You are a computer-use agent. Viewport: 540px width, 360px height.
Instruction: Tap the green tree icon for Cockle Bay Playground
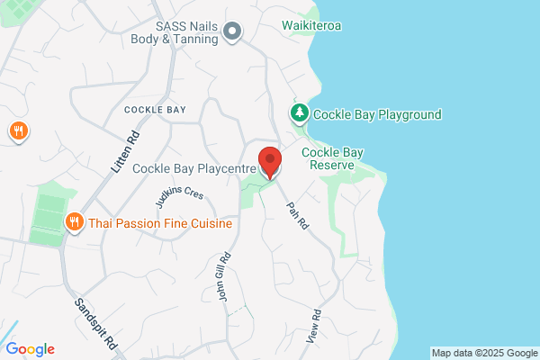[x=298, y=113]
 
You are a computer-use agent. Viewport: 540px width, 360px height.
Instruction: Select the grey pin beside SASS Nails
[x=232, y=33]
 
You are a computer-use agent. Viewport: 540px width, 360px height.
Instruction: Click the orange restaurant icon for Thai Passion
[x=74, y=222]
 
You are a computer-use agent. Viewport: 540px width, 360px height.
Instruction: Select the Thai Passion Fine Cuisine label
[x=160, y=223]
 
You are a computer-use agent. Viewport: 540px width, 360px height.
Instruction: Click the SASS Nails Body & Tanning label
[x=186, y=33]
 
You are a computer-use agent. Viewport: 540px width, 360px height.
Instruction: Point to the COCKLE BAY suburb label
[x=155, y=110]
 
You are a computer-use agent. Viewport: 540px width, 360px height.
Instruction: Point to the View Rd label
[x=316, y=325]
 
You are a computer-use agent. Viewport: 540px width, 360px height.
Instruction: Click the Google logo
[x=30, y=349]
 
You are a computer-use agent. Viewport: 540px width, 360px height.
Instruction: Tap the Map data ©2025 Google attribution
[x=483, y=352]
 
